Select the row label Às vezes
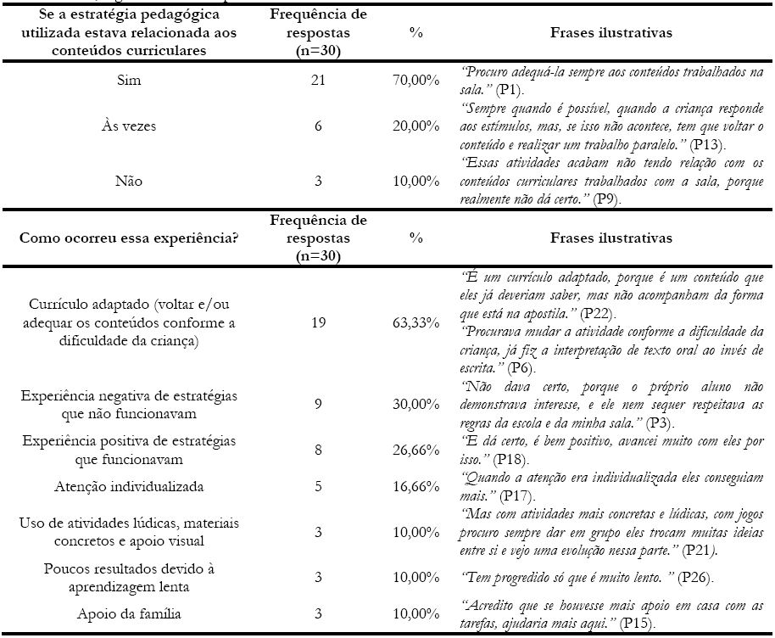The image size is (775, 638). (131, 126)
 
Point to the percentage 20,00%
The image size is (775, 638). (415, 126)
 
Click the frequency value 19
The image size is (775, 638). (318, 323)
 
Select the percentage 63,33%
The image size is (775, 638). (415, 323)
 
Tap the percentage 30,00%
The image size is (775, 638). (415, 405)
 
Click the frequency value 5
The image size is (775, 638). (318, 487)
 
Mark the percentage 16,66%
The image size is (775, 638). (415, 487)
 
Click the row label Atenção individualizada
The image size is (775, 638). (131, 487)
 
